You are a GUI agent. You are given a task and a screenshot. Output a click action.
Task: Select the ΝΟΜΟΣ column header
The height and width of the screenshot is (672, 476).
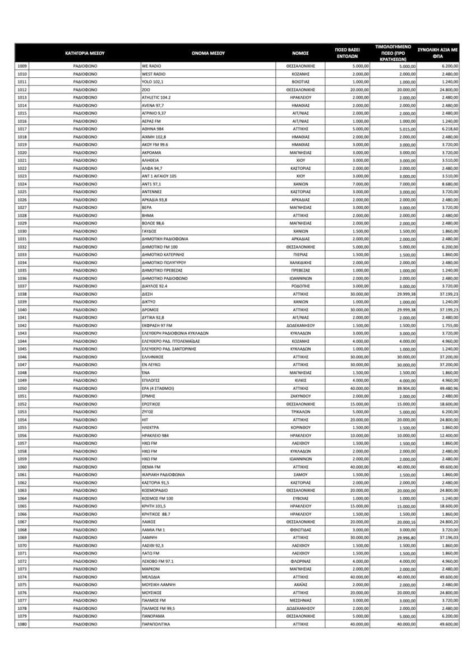coord(301,54)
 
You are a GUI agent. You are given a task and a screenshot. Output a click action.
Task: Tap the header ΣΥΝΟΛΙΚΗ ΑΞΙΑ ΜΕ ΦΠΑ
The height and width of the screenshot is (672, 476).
coord(438,54)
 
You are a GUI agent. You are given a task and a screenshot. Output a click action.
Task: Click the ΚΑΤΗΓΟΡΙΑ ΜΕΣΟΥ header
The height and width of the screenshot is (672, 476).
coord(85,54)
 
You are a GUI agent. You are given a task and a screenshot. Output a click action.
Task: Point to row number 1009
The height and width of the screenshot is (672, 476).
coord(22,67)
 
